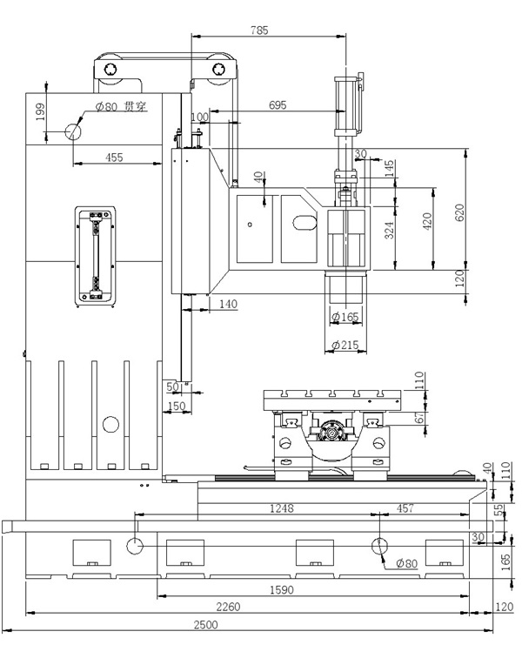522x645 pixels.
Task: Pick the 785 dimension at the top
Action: coord(258,30)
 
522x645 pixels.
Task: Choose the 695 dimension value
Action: coord(277,104)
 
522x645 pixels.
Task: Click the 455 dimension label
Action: coord(113,157)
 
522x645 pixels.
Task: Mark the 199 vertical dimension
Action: coord(40,113)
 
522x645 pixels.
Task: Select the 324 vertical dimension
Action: coord(390,231)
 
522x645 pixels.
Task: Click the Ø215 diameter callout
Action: coord(346,346)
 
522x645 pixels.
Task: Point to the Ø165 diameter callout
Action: coord(345,316)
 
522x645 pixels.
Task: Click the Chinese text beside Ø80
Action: coord(134,106)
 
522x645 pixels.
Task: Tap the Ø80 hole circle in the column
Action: coord(72,131)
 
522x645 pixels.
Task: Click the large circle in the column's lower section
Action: coord(110,425)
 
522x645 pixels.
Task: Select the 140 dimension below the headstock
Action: coord(228,304)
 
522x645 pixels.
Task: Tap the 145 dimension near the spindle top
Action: coord(389,165)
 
